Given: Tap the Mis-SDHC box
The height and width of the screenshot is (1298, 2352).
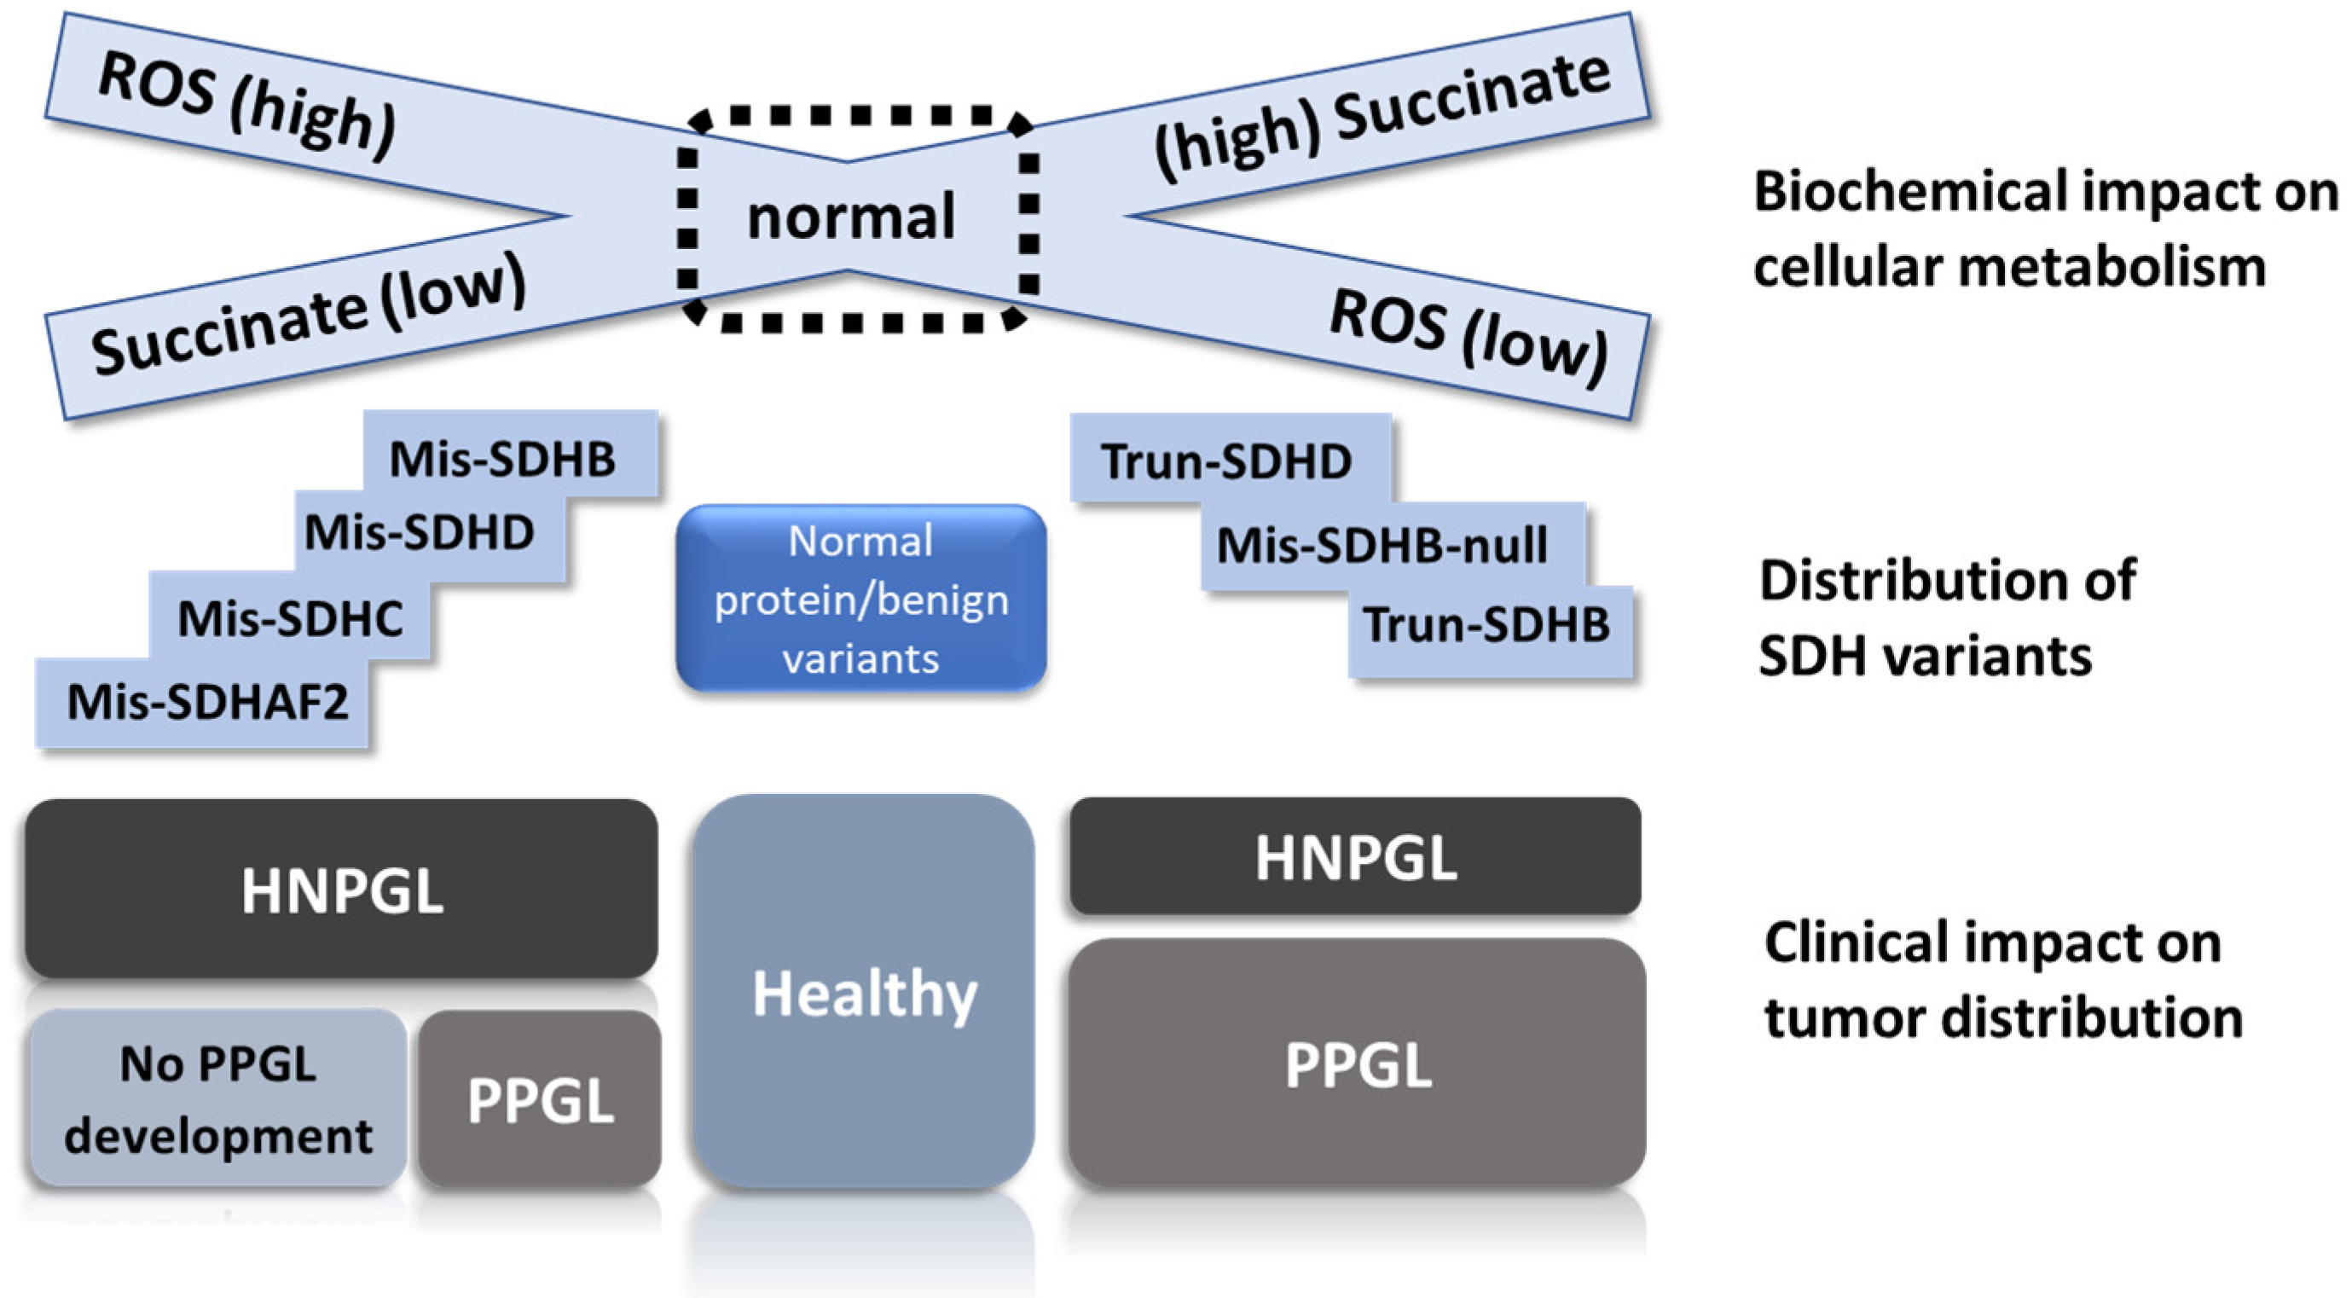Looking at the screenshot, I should (x=290, y=618).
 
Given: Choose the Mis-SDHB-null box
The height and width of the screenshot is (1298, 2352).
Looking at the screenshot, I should (x=1383, y=546).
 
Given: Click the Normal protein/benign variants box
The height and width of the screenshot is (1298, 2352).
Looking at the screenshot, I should (x=860, y=598).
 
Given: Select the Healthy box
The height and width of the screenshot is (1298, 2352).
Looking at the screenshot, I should (x=864, y=994).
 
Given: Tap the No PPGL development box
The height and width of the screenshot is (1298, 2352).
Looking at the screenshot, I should (x=218, y=1099).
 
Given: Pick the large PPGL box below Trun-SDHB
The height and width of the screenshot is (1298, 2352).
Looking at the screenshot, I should (x=1358, y=1064).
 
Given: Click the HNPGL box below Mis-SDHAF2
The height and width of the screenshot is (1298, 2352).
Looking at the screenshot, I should (x=341, y=890).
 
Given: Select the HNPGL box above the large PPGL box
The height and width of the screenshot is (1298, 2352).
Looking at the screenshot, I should (x=1356, y=857).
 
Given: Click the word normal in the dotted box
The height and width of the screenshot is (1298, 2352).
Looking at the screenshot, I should (x=851, y=217).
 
